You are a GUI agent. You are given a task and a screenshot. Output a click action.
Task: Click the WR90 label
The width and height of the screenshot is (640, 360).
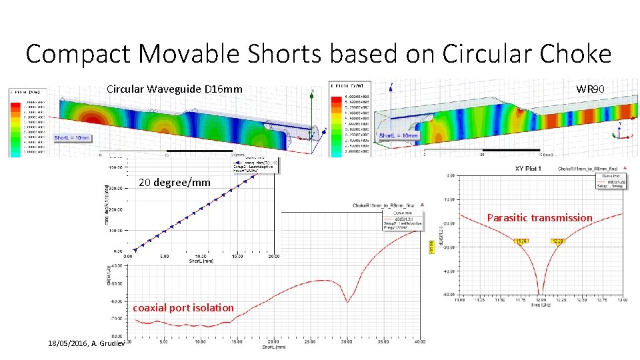pyautogui.click(x=590, y=89)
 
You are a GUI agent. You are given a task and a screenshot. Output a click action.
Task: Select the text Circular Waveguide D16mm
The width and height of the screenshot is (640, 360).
pyautogui.click(x=175, y=89)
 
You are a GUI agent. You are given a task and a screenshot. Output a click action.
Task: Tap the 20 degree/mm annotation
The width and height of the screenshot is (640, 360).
pyautogui.click(x=174, y=183)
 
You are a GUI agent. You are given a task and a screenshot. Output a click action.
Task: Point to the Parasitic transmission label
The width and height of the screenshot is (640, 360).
pyautogui.click(x=539, y=218)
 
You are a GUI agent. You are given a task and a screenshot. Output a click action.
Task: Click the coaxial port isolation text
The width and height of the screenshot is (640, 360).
pyautogui.click(x=183, y=308)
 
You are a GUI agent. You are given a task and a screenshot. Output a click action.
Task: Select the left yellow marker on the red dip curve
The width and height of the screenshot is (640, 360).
pyautogui.click(x=522, y=241)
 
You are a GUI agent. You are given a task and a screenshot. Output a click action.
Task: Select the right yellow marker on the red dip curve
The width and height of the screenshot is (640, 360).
pyautogui.click(x=558, y=241)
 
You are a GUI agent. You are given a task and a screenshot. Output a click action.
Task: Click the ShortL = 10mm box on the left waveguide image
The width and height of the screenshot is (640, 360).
pyautogui.click(x=73, y=138)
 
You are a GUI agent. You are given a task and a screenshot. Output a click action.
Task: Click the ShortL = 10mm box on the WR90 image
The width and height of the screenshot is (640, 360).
pyautogui.click(x=398, y=136)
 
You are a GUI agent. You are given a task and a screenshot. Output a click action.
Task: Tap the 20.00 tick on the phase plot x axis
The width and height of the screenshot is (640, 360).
pyautogui.click(x=273, y=255)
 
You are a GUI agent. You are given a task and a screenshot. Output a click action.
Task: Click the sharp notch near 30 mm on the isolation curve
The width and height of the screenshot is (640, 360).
pyautogui.click(x=347, y=301)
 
